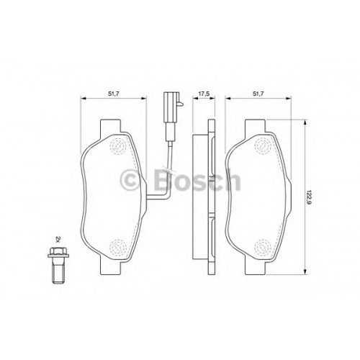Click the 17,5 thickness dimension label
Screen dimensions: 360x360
coord(204,94)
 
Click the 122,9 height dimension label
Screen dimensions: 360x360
coord(309,197)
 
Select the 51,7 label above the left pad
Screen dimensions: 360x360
coord(114,94)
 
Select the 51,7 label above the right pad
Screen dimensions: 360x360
coord(258,94)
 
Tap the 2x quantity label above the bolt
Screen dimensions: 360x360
coord(58,239)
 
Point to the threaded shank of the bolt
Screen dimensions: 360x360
coord(58,271)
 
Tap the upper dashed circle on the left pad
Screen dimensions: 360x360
coord(118,146)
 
